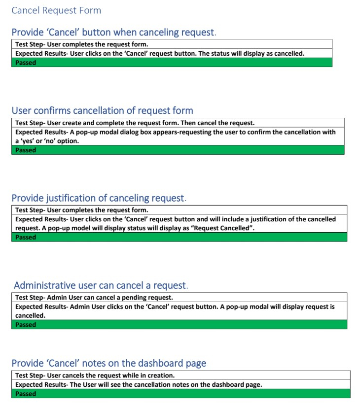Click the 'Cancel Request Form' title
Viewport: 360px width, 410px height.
click(x=56, y=10)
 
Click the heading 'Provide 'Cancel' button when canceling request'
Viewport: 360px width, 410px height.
click(x=113, y=33)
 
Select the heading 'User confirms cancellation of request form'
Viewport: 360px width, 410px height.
click(x=102, y=110)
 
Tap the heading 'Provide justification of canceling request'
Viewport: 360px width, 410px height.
click(x=99, y=198)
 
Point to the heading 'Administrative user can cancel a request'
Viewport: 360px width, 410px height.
click(x=101, y=285)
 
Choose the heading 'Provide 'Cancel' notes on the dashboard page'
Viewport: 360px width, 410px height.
click(x=108, y=363)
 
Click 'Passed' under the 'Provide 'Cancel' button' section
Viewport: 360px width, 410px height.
click(x=26, y=63)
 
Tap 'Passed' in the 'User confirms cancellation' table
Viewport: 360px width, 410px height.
click(x=26, y=150)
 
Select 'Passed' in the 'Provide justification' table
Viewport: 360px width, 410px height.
click(x=26, y=238)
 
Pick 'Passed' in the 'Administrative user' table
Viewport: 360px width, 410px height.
click(x=26, y=325)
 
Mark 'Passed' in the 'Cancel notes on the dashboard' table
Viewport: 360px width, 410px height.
click(x=26, y=394)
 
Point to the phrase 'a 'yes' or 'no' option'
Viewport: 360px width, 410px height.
click(x=47, y=141)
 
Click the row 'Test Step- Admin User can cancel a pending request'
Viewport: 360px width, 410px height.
click(x=94, y=298)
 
